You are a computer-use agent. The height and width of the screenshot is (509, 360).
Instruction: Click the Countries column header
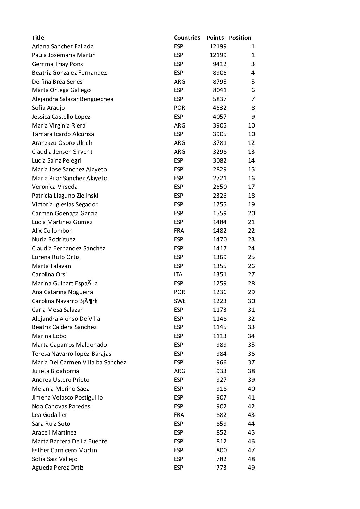pyautogui.click(x=187, y=38)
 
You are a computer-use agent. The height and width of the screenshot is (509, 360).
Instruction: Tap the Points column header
pyautogui.click(x=215, y=38)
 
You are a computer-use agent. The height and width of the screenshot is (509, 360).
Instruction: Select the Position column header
pyautogui.click(x=240, y=38)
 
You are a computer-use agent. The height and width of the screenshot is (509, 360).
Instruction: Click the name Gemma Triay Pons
pyautogui.click(x=57, y=64)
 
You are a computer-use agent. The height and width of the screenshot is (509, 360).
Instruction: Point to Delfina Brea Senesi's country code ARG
pyautogui.click(x=179, y=82)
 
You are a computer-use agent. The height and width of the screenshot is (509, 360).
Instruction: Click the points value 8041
pyautogui.click(x=219, y=90)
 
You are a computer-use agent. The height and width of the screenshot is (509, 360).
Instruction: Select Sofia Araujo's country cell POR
pyautogui.click(x=179, y=108)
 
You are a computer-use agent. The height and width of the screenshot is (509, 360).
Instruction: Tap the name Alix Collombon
pyautogui.click(x=52, y=231)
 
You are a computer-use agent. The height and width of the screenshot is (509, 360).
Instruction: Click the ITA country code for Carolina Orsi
pyautogui.click(x=178, y=274)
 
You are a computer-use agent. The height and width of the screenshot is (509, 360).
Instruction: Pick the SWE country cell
pyautogui.click(x=179, y=301)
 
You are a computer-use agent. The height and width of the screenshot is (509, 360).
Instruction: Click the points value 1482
pyautogui.click(x=219, y=231)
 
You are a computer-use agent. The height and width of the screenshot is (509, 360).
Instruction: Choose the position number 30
pyautogui.click(x=251, y=301)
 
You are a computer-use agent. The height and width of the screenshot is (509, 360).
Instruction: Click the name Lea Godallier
pyautogui.click(x=49, y=415)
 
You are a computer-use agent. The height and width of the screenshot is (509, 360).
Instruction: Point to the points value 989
pyautogui.click(x=221, y=345)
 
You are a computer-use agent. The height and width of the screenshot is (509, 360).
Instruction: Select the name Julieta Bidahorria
pyautogui.click(x=55, y=371)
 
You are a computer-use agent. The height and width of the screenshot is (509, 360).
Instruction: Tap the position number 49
pyautogui.click(x=251, y=468)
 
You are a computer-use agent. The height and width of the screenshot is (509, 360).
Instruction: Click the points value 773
pyautogui.click(x=221, y=468)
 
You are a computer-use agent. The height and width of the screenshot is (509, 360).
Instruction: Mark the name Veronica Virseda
pyautogui.click(x=54, y=187)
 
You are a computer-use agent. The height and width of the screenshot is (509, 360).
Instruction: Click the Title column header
pyautogui.click(x=38, y=38)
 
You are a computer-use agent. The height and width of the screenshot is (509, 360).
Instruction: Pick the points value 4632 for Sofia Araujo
pyautogui.click(x=219, y=108)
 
